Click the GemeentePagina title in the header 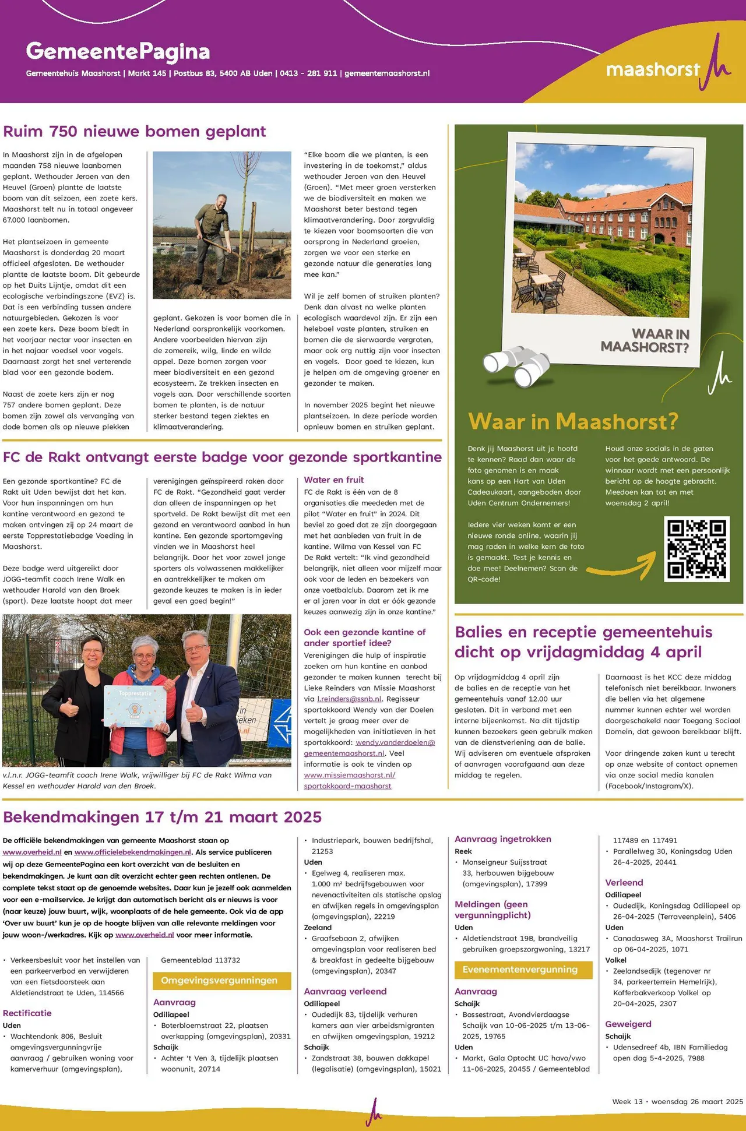point(118,52)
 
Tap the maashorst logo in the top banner point(668,68)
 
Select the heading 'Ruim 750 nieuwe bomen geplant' point(135,131)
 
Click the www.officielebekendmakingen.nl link point(133,852)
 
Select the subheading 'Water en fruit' point(334,480)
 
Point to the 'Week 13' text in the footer point(627,1101)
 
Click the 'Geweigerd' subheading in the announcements point(628,1024)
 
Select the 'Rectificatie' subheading point(27,1013)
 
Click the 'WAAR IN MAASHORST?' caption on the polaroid point(646,341)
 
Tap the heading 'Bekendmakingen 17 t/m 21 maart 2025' point(163,817)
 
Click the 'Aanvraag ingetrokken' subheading point(503,839)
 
